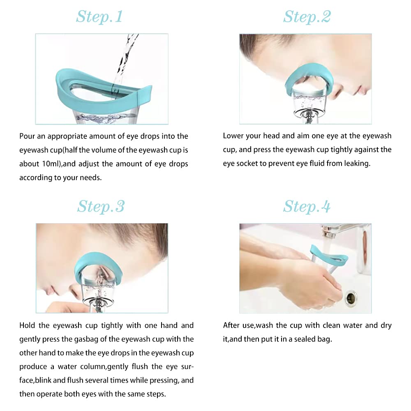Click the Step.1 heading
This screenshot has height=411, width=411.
tap(99, 17)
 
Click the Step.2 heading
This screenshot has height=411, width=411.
tap(307, 17)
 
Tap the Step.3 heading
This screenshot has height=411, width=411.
tap(101, 206)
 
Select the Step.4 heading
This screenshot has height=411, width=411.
tap(307, 206)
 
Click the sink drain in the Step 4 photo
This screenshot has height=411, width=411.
tap(351, 297)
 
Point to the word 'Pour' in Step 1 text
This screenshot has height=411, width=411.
tap(27, 136)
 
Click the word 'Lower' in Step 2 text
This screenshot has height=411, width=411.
tap(233, 136)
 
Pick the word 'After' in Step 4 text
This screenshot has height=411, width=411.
tap(232, 326)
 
